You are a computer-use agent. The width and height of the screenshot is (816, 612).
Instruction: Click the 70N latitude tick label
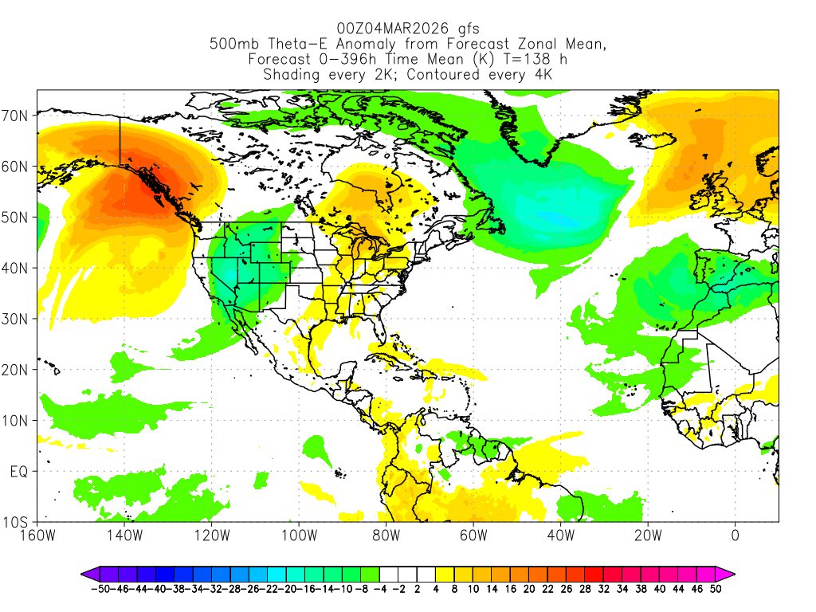coord(17,116)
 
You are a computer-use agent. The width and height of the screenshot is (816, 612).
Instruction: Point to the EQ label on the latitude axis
coord(19,472)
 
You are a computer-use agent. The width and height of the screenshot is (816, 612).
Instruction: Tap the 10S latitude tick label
coord(17,523)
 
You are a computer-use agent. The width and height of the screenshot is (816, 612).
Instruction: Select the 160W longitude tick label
coord(37,535)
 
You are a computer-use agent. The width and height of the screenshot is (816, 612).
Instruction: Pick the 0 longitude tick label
coord(735,535)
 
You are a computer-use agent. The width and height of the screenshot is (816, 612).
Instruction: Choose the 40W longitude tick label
coord(560,535)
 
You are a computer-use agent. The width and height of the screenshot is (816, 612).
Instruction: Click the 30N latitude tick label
coord(17,319)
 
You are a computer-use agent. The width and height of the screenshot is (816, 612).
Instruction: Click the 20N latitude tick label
coord(17,370)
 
